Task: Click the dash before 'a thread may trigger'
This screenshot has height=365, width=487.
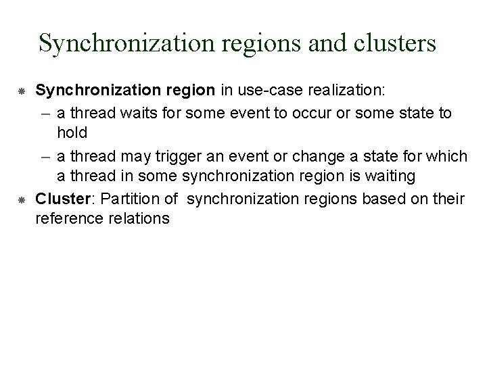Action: [45, 157]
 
